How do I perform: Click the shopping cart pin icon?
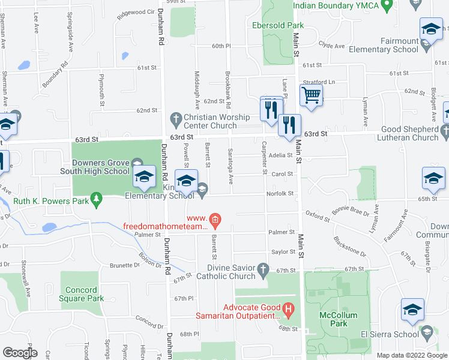pyautogui.click(x=311, y=95)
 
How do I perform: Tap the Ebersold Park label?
pyautogui.click(x=277, y=26)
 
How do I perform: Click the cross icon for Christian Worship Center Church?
pyautogui.click(x=176, y=118)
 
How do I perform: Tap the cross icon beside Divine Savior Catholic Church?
pyautogui.click(x=263, y=272)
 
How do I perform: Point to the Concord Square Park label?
pyautogui.click(x=81, y=295)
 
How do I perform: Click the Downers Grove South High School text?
pyautogui.click(x=100, y=167)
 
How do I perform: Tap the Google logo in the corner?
pyautogui.click(x=20, y=353)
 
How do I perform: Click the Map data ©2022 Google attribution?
pyautogui.click(x=411, y=355)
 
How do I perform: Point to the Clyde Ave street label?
pyautogui.click(x=331, y=46)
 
